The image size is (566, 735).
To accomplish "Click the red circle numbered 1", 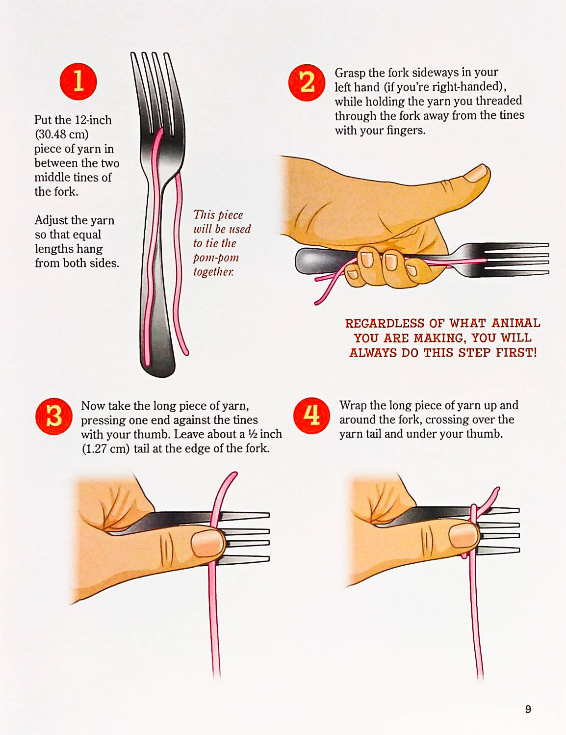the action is click(x=78, y=81).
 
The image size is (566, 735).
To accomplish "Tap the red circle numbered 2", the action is click(x=307, y=82).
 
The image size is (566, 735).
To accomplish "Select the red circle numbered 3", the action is click(x=54, y=417).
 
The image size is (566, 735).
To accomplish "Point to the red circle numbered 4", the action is click(x=312, y=416).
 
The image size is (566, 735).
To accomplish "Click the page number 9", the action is click(x=528, y=709).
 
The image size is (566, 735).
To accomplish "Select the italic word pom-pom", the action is click(x=216, y=258).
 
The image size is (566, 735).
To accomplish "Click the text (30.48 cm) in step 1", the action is click(x=61, y=134).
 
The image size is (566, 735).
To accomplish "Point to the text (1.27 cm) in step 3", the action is click(x=106, y=449).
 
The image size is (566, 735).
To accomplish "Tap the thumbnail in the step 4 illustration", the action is click(x=463, y=536).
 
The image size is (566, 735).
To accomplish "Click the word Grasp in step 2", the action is click(x=350, y=73).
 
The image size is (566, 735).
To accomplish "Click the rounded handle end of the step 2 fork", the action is click(x=302, y=261).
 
